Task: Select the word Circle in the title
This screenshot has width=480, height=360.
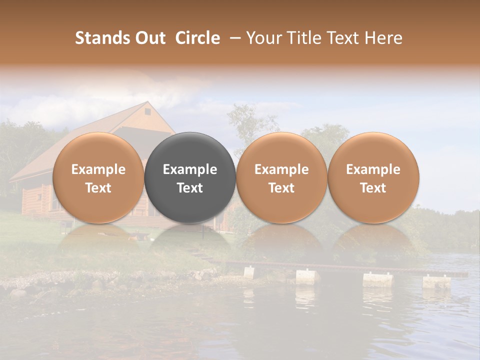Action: [x=197, y=38]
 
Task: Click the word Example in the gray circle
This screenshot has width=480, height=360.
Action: [x=190, y=169]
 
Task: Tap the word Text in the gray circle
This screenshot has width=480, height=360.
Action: [x=190, y=188]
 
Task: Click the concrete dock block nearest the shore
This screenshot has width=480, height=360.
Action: [x=249, y=272]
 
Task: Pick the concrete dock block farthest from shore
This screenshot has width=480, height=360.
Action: [x=436, y=281]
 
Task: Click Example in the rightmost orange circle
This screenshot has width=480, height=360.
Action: [x=373, y=169]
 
